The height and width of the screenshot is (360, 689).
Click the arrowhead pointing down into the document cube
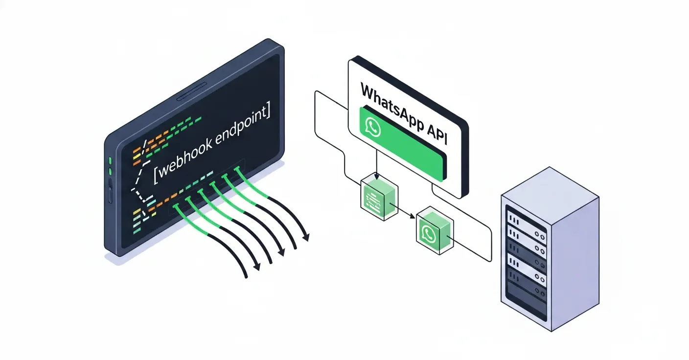tap(376, 178)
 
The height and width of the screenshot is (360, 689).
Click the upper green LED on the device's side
tap(111, 161)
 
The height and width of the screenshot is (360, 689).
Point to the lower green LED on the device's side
tap(111, 171)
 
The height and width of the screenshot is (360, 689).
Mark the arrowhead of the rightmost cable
tap(307, 238)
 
